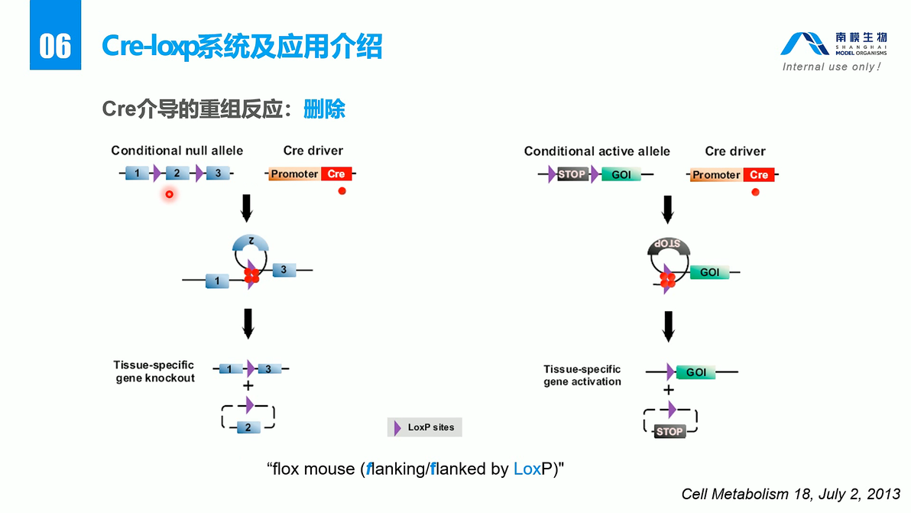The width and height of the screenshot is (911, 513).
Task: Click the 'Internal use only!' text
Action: click(832, 67)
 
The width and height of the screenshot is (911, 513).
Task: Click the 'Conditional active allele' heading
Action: click(596, 151)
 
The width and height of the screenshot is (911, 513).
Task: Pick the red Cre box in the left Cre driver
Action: click(336, 174)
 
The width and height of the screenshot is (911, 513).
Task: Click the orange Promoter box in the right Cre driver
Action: click(716, 175)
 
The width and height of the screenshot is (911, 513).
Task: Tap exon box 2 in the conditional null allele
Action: click(177, 174)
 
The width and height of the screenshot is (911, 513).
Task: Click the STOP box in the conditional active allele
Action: click(572, 174)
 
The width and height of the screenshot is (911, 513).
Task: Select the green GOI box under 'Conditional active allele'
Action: click(621, 174)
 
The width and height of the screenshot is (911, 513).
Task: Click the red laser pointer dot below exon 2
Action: click(170, 195)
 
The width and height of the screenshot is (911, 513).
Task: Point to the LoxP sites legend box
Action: click(425, 427)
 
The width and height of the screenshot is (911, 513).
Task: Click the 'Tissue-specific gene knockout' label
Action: click(154, 372)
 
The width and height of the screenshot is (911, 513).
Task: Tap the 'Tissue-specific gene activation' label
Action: click(582, 375)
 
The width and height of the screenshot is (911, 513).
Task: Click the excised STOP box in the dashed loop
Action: click(669, 431)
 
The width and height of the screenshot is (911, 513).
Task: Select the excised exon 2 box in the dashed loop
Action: click(248, 427)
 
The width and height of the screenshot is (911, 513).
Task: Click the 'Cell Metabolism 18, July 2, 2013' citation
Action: click(790, 495)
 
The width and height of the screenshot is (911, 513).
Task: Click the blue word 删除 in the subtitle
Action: click(324, 109)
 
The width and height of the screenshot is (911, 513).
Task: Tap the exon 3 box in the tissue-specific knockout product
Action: click(268, 369)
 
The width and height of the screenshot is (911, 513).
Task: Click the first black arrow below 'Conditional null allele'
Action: click(246, 207)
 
